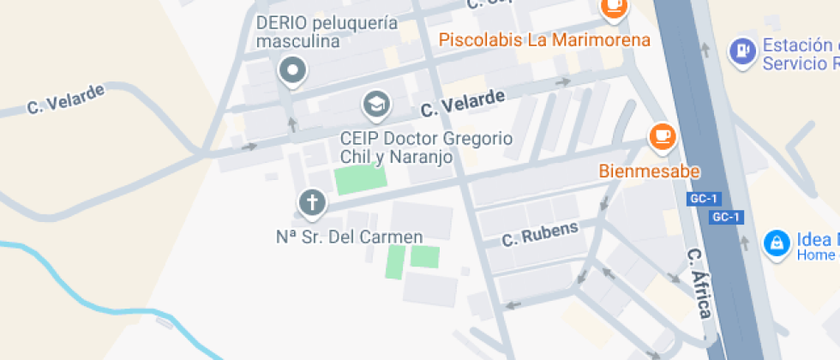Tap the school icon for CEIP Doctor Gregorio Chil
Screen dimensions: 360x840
tap(375, 105)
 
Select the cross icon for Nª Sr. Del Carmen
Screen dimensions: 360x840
tap(312, 203)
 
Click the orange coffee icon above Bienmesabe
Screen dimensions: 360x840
tap(662, 135)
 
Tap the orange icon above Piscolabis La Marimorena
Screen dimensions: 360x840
tap(614, 7)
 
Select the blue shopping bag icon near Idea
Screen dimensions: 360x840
tap(777, 243)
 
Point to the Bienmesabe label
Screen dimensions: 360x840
tap(649, 171)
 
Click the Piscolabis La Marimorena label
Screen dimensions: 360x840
tap(544, 39)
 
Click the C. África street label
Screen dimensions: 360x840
tap(699, 283)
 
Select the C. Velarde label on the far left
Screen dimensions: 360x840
tap(65, 99)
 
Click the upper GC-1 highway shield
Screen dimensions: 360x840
tap(703, 199)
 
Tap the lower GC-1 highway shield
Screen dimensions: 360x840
tap(726, 216)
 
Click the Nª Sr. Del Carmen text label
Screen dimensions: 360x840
tap(349, 237)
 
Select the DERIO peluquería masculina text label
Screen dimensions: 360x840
tap(327, 32)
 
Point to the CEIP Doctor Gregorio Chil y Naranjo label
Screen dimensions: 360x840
tap(426, 147)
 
